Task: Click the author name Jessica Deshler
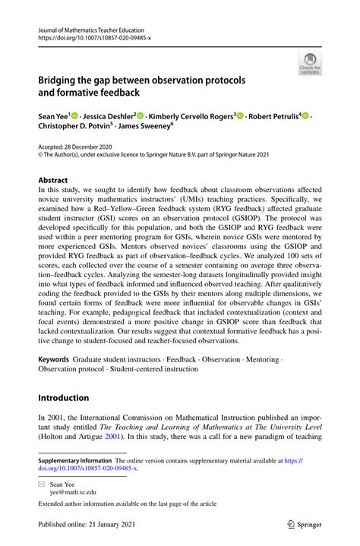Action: click(x=106, y=118)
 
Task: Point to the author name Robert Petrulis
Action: click(x=273, y=118)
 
